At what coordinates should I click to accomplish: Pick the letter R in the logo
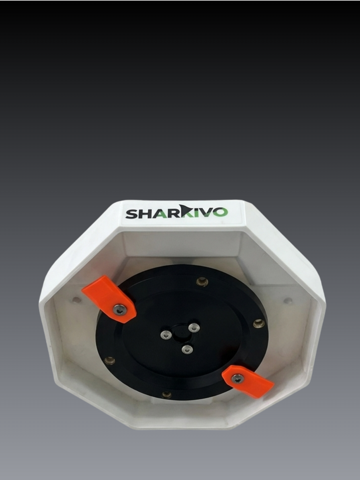pyautogui.click(x=173, y=213)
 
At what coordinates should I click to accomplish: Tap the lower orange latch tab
pyautogui.click(x=247, y=381)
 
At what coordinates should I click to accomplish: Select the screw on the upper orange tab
pyautogui.click(x=119, y=310)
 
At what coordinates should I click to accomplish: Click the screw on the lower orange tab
pyautogui.click(x=237, y=379)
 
